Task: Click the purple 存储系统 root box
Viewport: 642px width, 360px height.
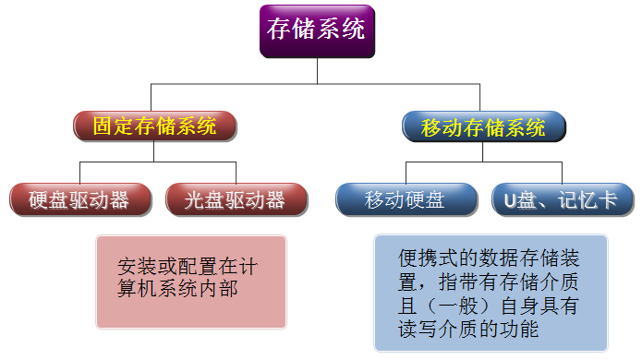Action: (318, 31)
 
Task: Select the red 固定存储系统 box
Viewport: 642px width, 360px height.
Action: (155, 126)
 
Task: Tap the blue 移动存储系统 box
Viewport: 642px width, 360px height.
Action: (483, 126)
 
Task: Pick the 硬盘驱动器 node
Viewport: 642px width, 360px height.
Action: (80, 199)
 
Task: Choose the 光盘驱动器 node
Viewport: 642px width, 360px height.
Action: (236, 199)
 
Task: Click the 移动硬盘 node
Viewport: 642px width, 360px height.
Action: (406, 199)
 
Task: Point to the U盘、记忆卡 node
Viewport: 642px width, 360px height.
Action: (563, 199)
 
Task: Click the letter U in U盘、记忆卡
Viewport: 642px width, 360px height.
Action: (509, 201)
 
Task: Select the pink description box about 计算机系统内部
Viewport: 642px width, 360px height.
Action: (191, 282)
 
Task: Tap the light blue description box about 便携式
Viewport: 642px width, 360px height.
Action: (491, 293)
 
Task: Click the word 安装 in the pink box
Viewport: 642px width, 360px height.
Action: (137, 267)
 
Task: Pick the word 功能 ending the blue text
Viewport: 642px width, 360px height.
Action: (518, 330)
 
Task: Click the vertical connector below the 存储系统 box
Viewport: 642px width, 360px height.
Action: (318, 71)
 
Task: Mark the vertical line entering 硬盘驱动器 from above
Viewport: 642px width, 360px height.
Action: (79, 173)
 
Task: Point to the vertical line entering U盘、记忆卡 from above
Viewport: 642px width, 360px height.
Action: (562, 173)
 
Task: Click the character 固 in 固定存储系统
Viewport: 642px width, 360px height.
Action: (103, 126)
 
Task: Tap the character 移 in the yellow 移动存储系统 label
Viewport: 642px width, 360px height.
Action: (431, 127)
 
